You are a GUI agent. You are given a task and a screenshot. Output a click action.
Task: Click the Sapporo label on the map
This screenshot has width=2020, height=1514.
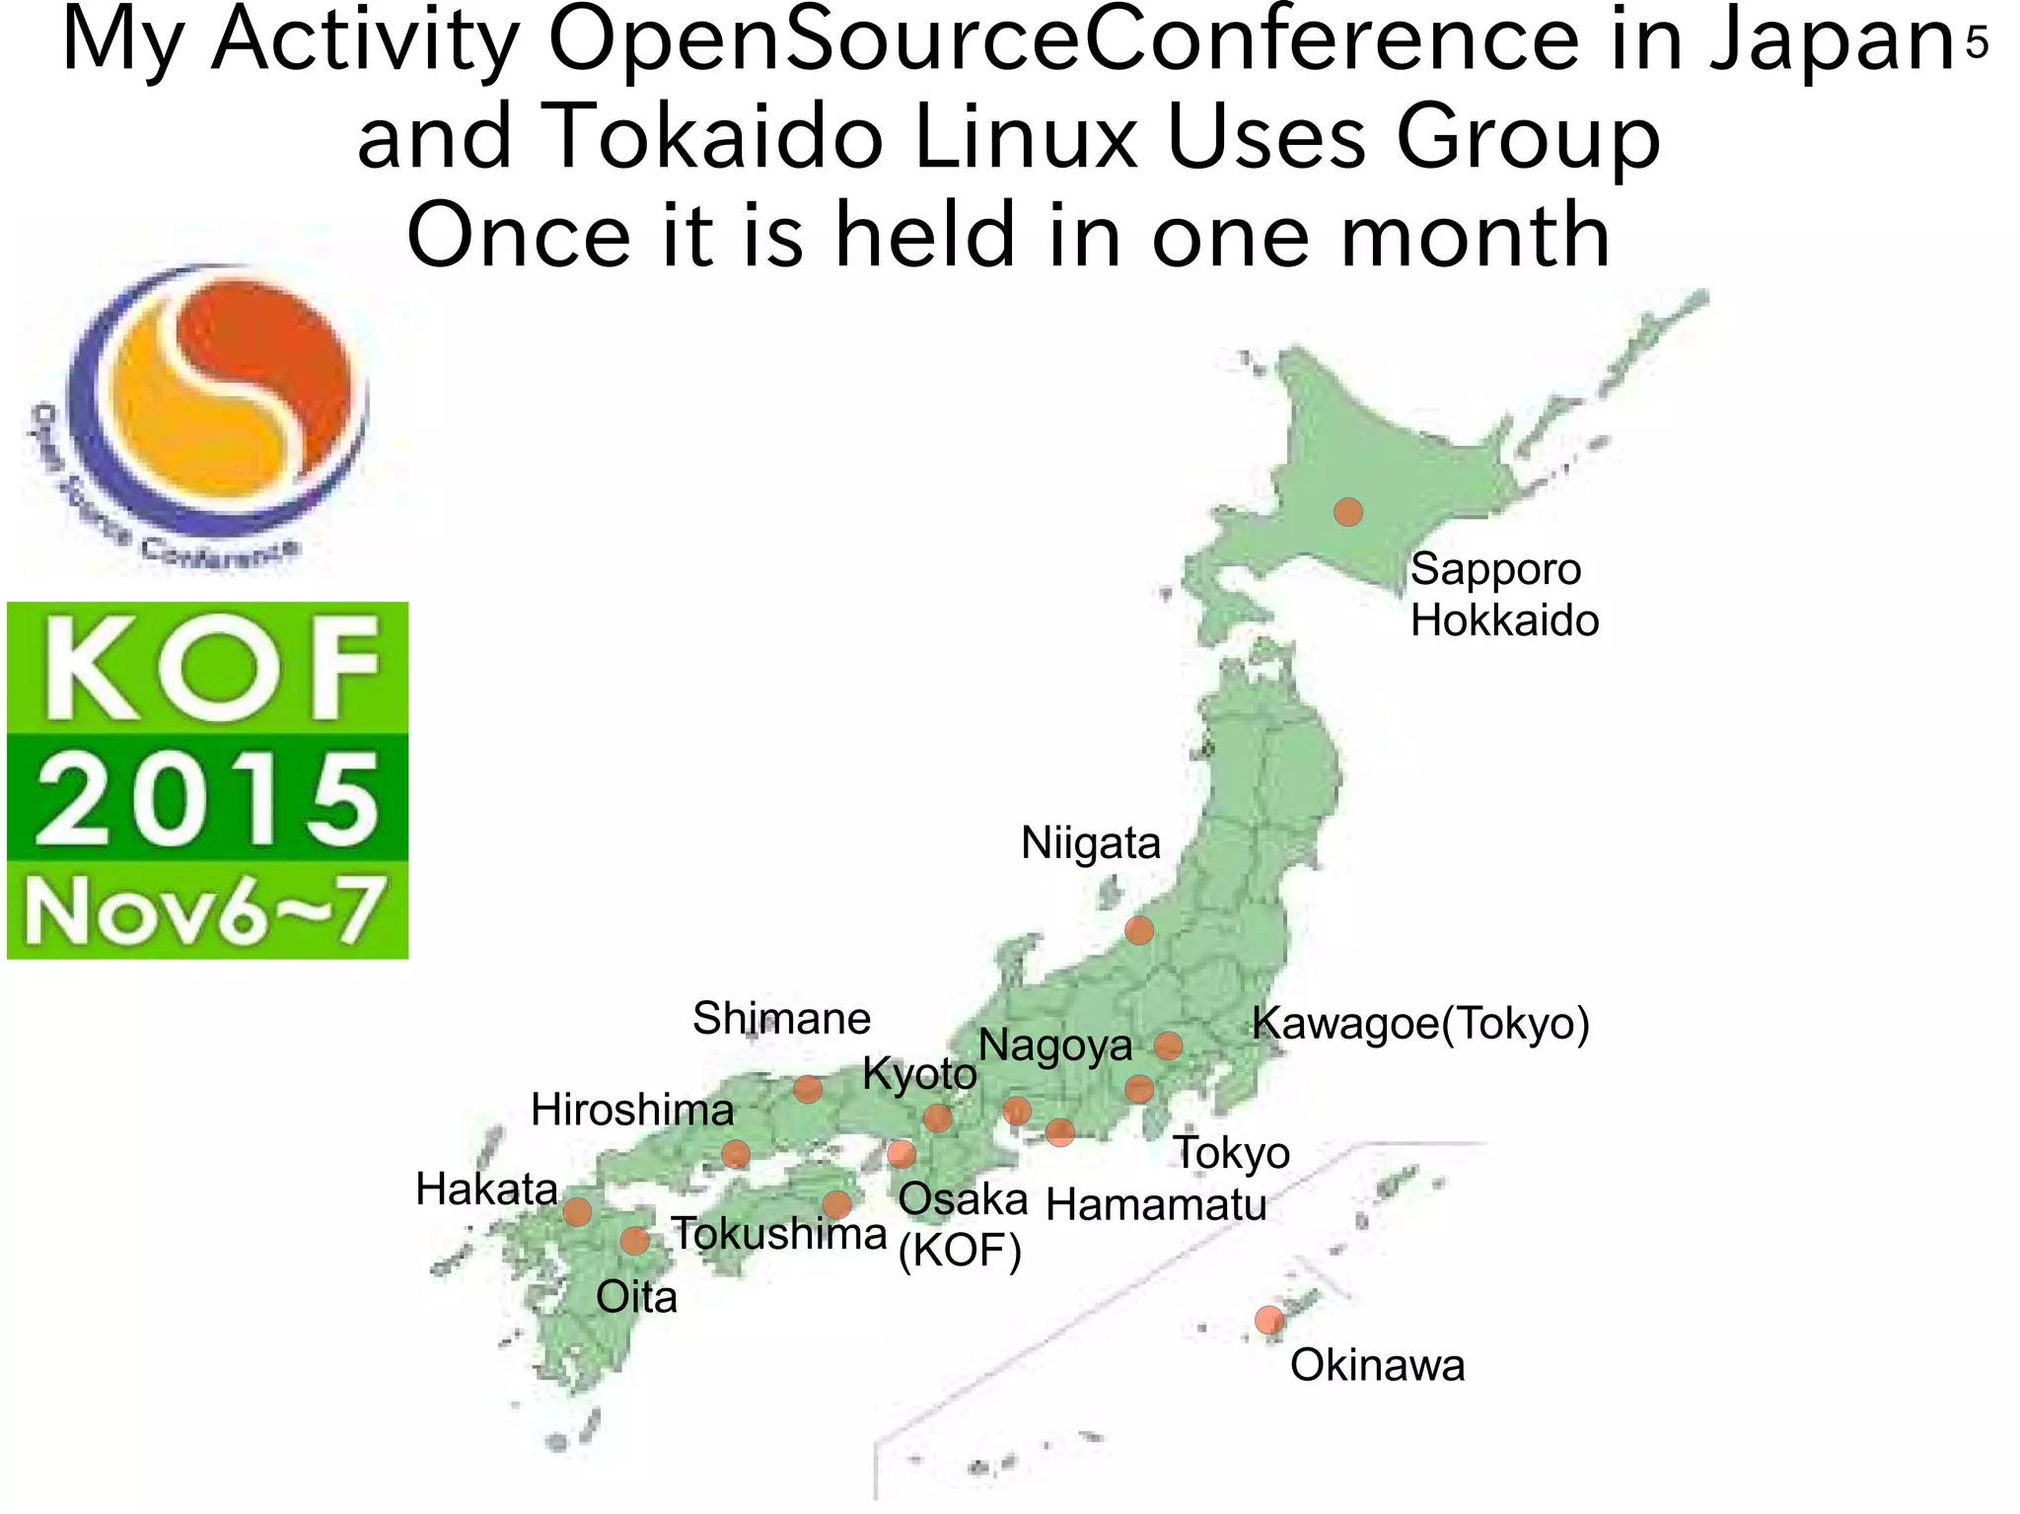tap(1494, 570)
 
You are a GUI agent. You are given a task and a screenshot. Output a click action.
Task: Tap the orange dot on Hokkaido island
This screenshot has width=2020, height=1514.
tap(1347, 512)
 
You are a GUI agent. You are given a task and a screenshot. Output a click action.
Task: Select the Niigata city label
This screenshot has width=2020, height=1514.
tap(1090, 843)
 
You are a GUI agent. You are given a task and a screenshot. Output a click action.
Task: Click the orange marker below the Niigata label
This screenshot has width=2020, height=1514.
tap(1139, 930)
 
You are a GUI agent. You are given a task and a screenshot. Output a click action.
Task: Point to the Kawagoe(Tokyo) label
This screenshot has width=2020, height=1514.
tap(1420, 1024)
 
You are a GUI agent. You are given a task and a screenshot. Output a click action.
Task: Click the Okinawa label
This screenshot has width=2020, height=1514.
tap(1377, 1366)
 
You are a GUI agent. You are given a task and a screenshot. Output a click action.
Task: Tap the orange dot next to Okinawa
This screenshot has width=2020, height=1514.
tap(1269, 1319)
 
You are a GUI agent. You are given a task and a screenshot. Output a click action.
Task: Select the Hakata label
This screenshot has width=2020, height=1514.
tap(486, 1190)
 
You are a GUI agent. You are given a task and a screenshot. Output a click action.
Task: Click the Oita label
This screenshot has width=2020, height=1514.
tap(636, 1298)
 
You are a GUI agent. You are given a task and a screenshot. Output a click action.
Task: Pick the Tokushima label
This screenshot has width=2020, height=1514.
tap(779, 1235)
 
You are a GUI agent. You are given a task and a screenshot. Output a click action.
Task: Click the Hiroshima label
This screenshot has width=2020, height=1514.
tap(632, 1111)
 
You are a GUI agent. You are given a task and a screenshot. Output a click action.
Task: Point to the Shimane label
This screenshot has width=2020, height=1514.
tap(781, 1019)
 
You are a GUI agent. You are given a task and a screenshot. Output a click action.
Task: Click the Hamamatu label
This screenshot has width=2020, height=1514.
tap(1156, 1205)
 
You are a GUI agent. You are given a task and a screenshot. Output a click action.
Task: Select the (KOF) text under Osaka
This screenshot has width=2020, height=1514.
tap(960, 1252)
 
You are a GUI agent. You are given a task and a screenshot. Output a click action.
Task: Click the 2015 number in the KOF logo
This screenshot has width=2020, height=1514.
tap(207, 798)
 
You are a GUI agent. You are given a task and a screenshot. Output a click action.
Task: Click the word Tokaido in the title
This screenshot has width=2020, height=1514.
tap(711, 138)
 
